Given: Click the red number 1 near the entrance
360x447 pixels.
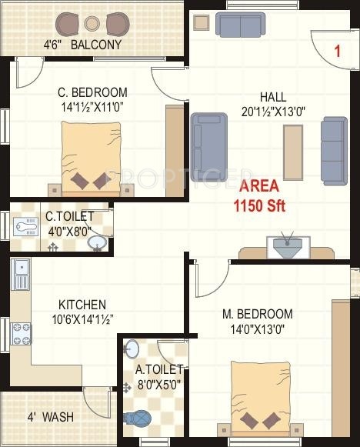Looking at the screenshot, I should (x=336, y=52).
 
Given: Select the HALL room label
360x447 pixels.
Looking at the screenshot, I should (x=273, y=97).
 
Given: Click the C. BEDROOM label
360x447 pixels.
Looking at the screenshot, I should (x=92, y=92).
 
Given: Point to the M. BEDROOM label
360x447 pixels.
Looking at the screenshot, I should (x=257, y=314).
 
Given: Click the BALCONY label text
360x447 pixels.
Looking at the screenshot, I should (x=96, y=45).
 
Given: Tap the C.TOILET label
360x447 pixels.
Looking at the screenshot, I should (x=69, y=217).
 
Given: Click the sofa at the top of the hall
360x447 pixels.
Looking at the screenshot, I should (x=240, y=24).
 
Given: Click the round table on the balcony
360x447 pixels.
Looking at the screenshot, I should (x=92, y=22).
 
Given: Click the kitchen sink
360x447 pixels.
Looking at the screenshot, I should (x=20, y=275).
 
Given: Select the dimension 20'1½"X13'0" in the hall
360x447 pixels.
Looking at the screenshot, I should (x=273, y=110).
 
